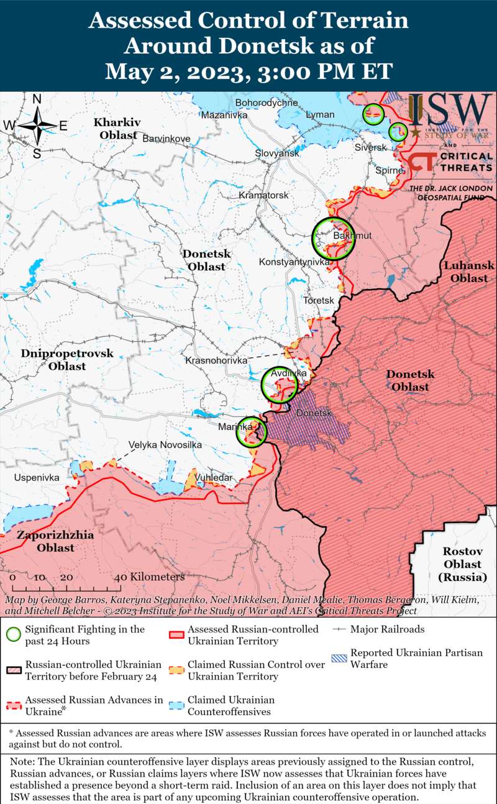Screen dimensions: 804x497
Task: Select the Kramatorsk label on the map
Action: pos(264,195)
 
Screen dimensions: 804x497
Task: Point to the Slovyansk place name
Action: pos(277,153)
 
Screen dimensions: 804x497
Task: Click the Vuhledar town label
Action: pos(213,477)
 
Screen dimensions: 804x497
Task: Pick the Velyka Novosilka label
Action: pos(165,445)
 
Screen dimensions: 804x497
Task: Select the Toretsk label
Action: pos(318,300)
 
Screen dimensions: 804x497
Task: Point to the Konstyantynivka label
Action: pos(294,262)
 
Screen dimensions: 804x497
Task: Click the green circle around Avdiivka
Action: pos(280,385)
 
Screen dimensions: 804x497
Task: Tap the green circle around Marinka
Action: pos(252,432)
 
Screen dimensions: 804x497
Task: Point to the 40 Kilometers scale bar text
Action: pos(149,577)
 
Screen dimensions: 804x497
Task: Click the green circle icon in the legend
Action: pos(13,634)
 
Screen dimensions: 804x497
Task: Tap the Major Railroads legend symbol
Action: pos(339,629)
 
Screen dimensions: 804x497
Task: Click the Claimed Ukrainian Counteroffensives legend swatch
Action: pos(176,705)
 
